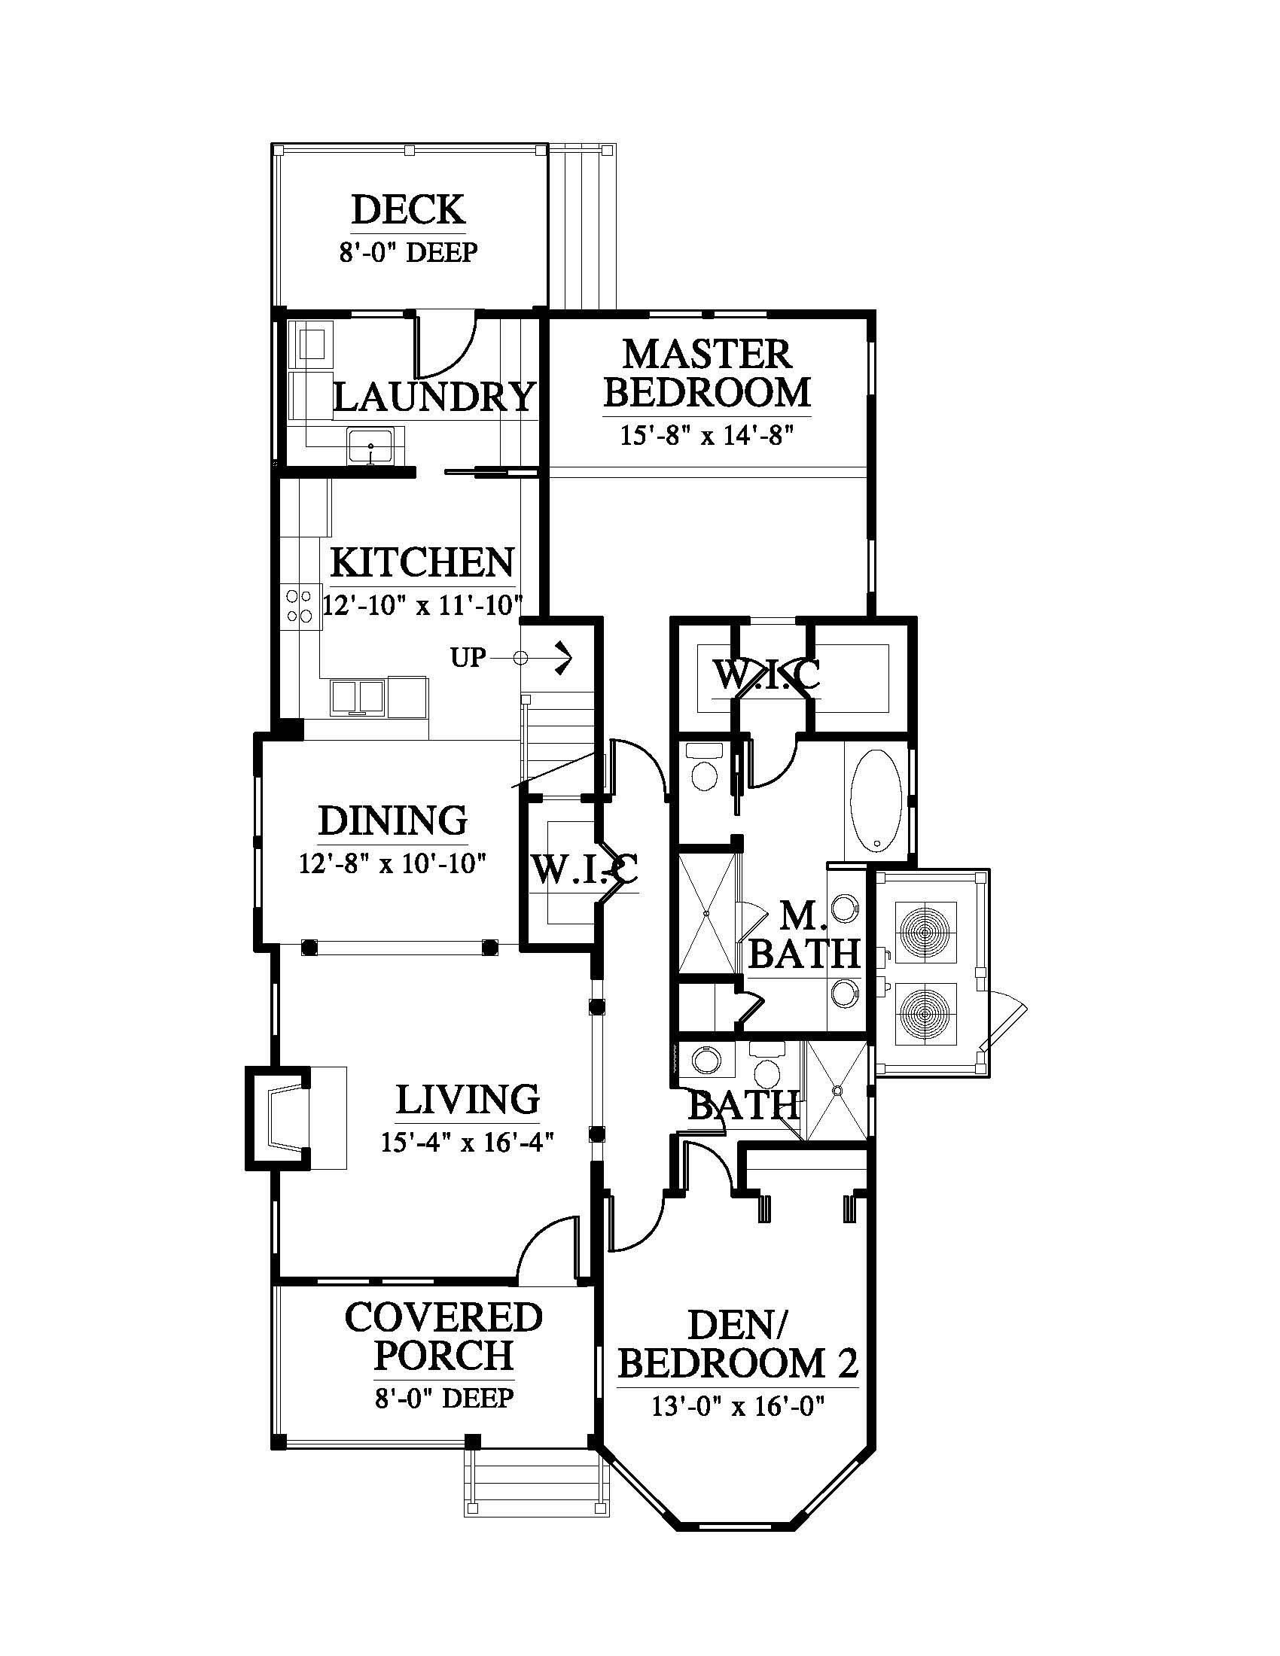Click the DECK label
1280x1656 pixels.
coord(408,210)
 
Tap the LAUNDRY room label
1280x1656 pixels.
coord(434,397)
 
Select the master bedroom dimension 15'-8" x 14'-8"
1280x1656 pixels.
coord(707,437)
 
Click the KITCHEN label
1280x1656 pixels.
coord(423,562)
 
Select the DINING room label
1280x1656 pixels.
coord(392,820)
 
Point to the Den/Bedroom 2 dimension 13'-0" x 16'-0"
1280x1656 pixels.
coord(737,1407)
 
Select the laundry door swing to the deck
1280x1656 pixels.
coord(445,345)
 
